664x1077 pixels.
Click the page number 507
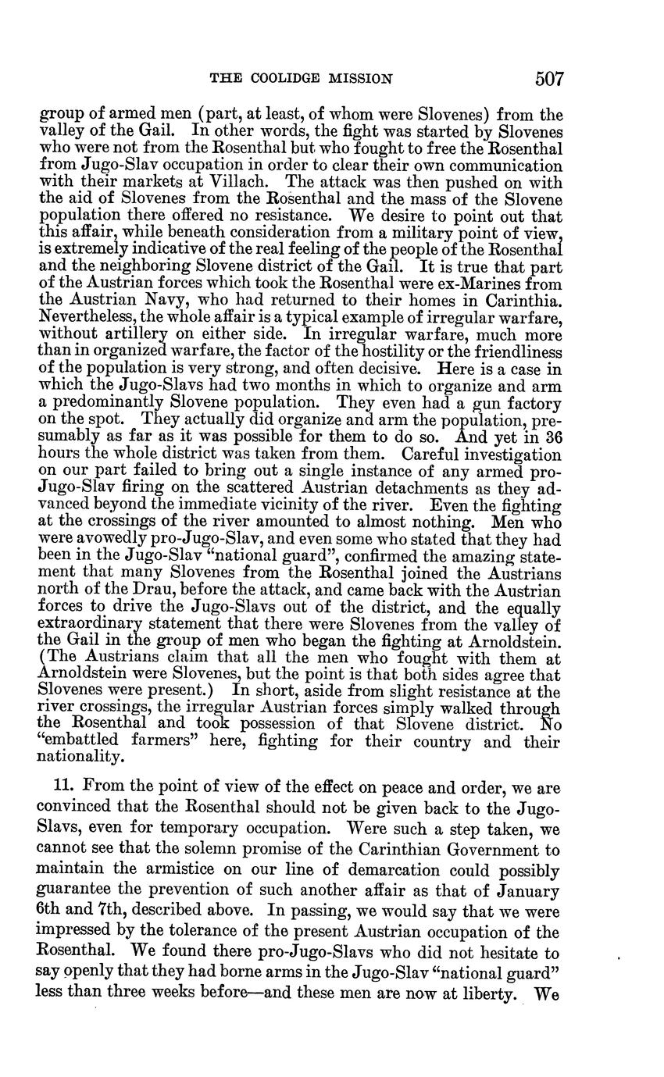(x=549, y=79)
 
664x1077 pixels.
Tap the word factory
(x=533, y=404)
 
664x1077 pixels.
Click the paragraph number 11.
(x=48, y=786)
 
